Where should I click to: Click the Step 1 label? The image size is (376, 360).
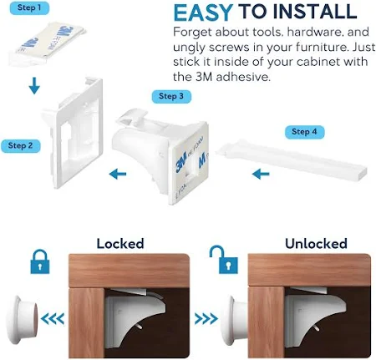click(29, 8)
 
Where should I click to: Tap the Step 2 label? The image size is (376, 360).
click(20, 145)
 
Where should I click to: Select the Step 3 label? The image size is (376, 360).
click(171, 96)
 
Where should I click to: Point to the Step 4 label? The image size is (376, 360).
click(304, 132)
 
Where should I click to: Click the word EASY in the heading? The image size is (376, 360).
click(203, 13)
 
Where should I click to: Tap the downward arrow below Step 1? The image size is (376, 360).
click(34, 86)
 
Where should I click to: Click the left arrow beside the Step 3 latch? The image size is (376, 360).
click(118, 175)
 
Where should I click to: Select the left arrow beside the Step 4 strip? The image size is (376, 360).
click(261, 175)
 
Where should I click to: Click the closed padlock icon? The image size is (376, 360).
click(40, 261)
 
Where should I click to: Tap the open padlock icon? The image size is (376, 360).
click(224, 260)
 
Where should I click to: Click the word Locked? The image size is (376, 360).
click(120, 244)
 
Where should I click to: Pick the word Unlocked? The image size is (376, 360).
click(316, 244)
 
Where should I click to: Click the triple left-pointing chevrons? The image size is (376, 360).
click(53, 319)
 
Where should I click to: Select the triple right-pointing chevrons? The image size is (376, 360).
click(206, 319)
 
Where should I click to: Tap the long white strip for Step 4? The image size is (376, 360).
click(292, 162)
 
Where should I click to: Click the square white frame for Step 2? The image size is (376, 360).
click(73, 132)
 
